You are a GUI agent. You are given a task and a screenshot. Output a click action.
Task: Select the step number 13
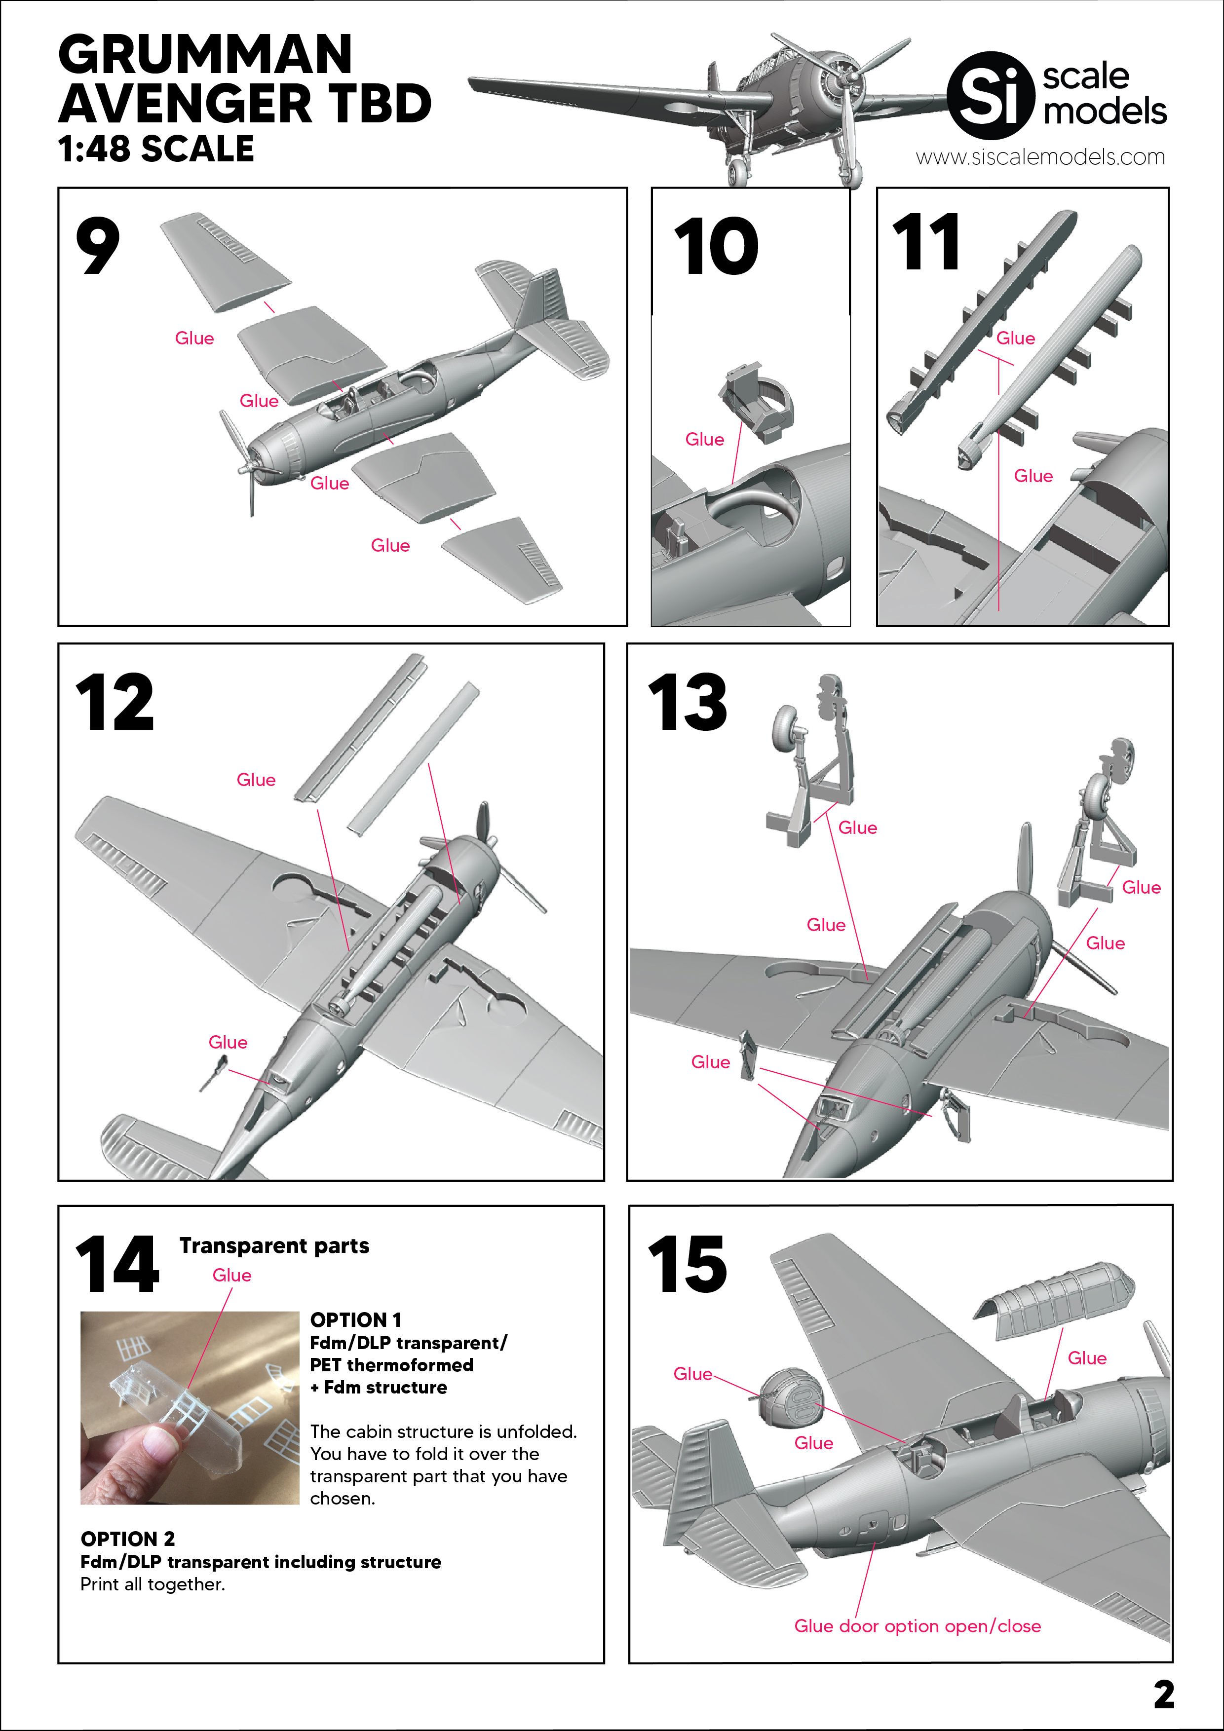point(687,703)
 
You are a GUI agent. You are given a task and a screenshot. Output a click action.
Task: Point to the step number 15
point(687,1264)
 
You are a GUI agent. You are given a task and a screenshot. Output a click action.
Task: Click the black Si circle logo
point(990,95)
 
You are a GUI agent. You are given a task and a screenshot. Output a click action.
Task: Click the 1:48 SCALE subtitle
point(156,149)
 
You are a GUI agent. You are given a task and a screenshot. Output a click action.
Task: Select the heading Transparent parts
point(274,1245)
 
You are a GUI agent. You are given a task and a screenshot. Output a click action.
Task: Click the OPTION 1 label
point(356,1319)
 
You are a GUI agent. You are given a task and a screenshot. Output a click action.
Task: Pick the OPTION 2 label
point(127,1539)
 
